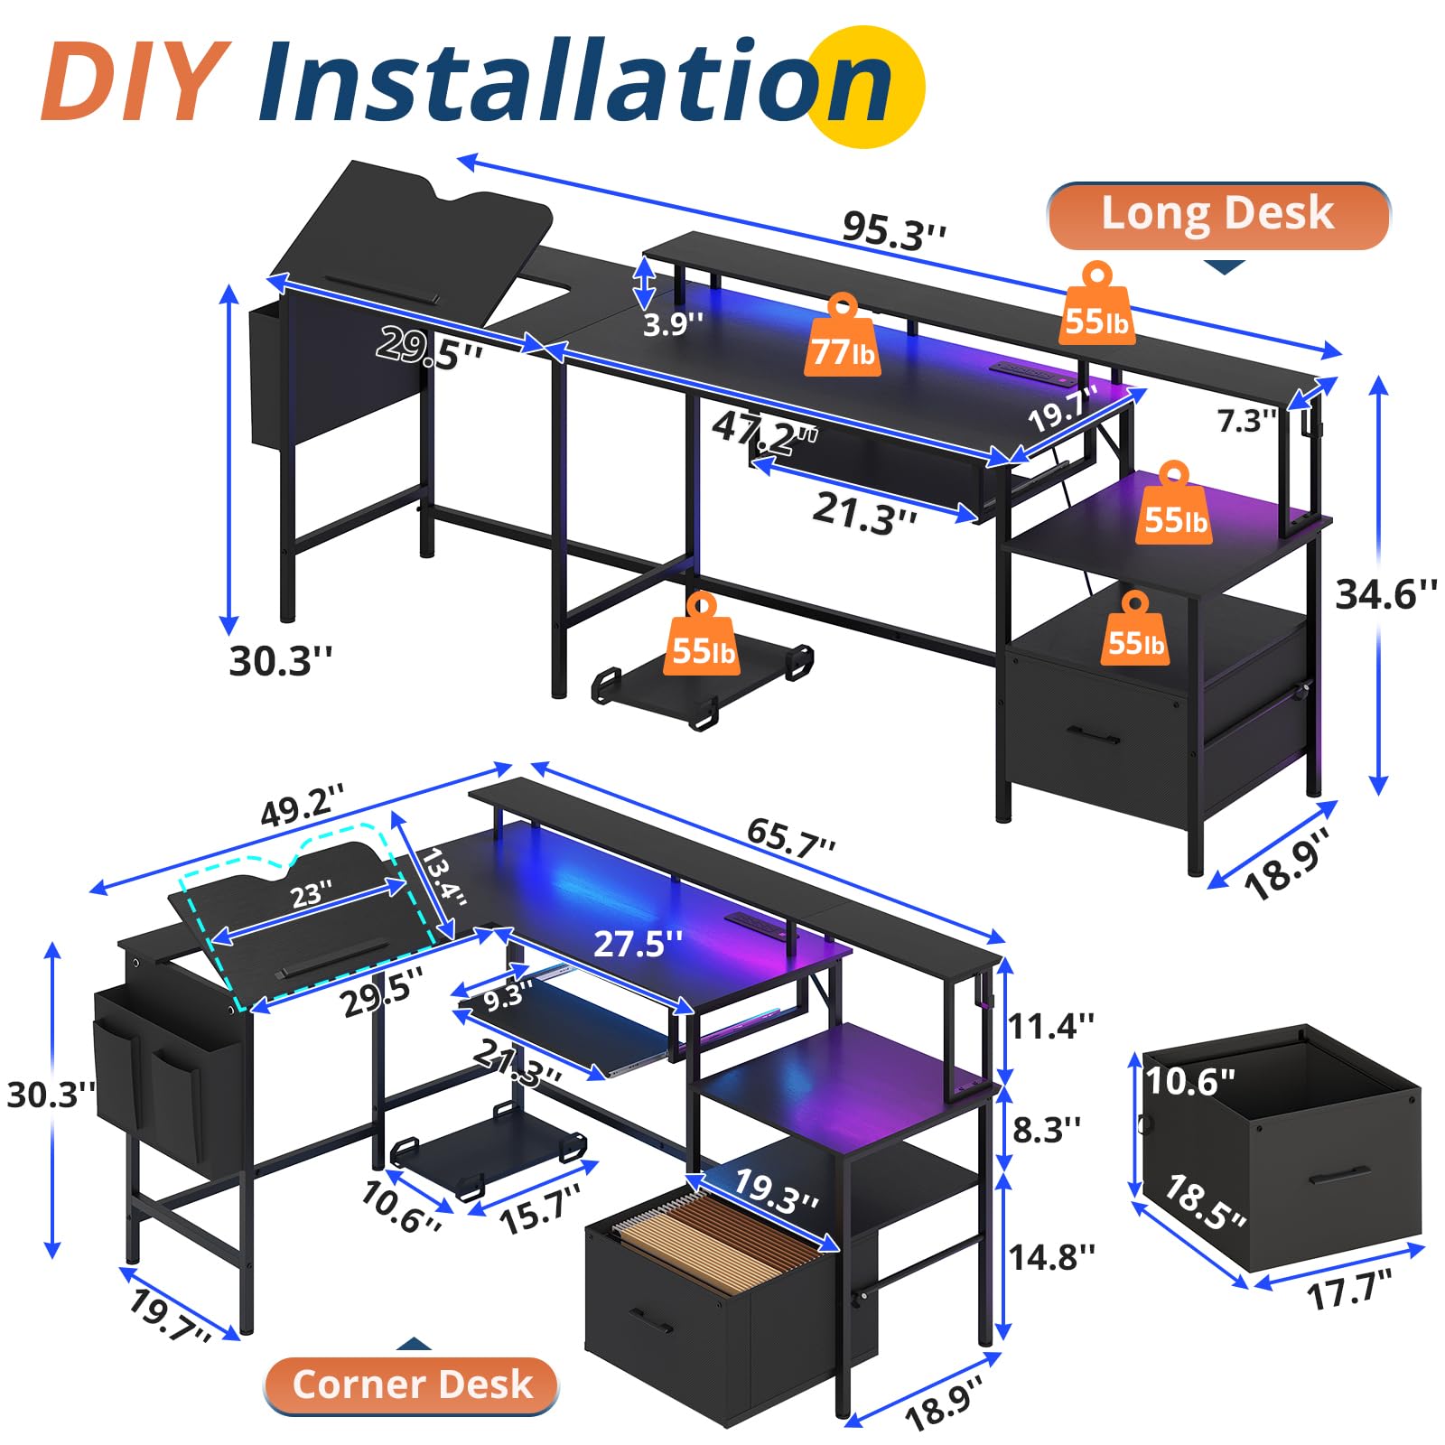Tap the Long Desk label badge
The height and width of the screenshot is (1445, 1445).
1218,216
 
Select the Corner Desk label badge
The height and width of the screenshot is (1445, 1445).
412,1384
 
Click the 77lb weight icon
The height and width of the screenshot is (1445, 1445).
843,335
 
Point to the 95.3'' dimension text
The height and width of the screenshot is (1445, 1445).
895,230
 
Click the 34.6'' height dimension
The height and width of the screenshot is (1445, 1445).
1386,594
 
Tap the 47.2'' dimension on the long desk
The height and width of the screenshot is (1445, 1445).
765,433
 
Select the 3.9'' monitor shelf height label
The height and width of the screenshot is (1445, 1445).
673,323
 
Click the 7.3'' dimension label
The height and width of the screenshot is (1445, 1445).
1247,420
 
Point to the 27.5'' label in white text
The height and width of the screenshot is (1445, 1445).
638,944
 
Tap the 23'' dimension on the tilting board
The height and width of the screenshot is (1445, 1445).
312,895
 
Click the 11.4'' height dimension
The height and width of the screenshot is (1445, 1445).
1051,1026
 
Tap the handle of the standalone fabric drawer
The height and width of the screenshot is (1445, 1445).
1339,1176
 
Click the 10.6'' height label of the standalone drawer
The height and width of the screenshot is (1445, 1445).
1189,1081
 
